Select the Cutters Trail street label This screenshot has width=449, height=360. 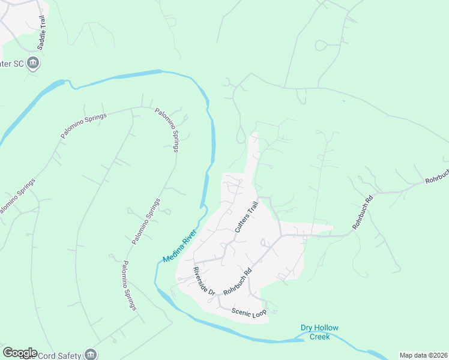point(246,217)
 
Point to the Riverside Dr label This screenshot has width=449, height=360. point(204,280)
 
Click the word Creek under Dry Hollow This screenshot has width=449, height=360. point(320,337)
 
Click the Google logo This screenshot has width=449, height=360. point(20,353)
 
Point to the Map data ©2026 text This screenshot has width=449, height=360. point(423,355)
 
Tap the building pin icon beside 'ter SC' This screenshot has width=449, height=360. point(34,62)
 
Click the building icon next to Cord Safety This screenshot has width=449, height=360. point(91,355)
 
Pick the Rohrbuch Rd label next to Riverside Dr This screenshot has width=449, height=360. point(237,280)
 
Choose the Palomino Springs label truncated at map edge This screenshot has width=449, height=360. point(15,197)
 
